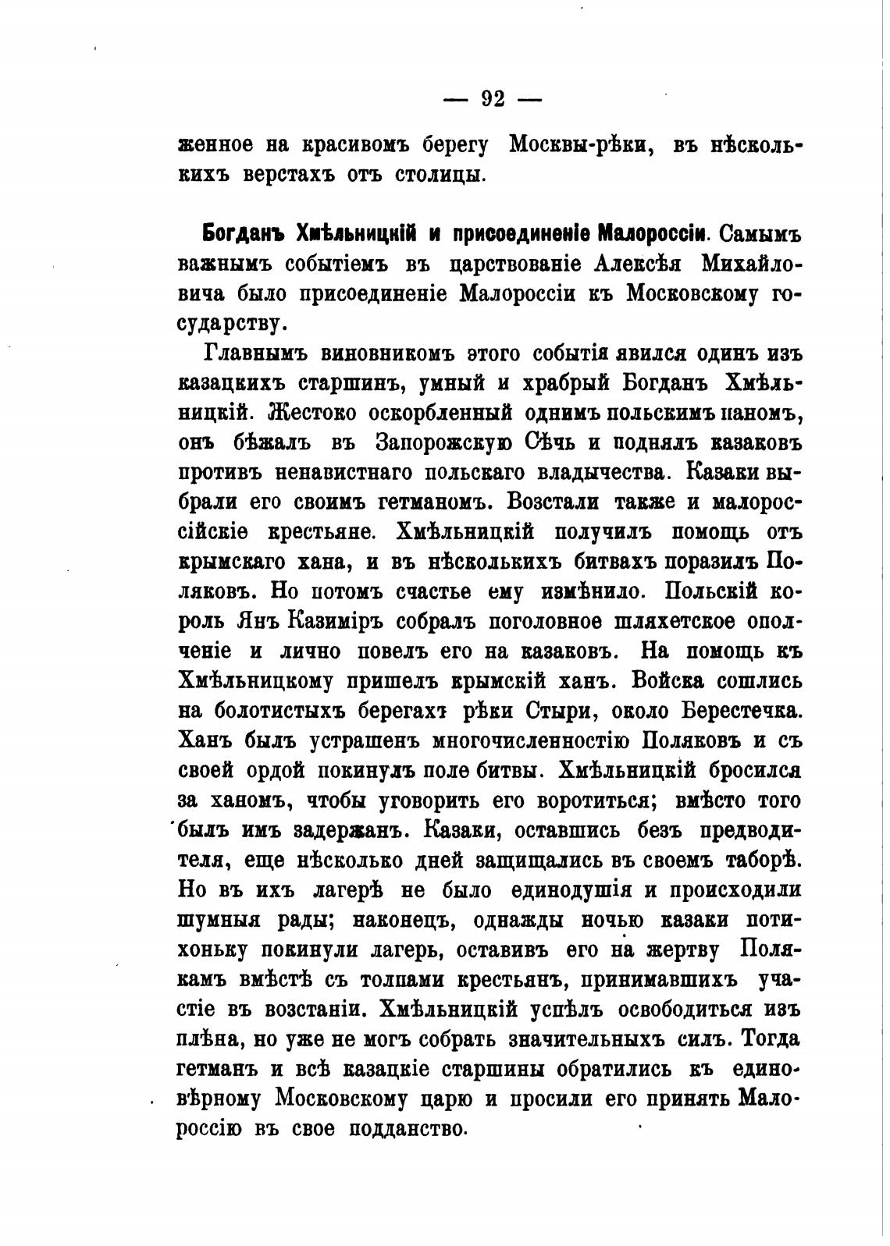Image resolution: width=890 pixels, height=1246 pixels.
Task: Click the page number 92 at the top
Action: click(x=493, y=99)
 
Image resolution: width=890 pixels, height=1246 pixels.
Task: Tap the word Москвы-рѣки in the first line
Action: click(x=581, y=145)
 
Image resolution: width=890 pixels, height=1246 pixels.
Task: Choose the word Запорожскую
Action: click(x=443, y=442)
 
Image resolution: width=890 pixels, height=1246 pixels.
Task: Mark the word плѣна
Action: click(x=208, y=1040)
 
